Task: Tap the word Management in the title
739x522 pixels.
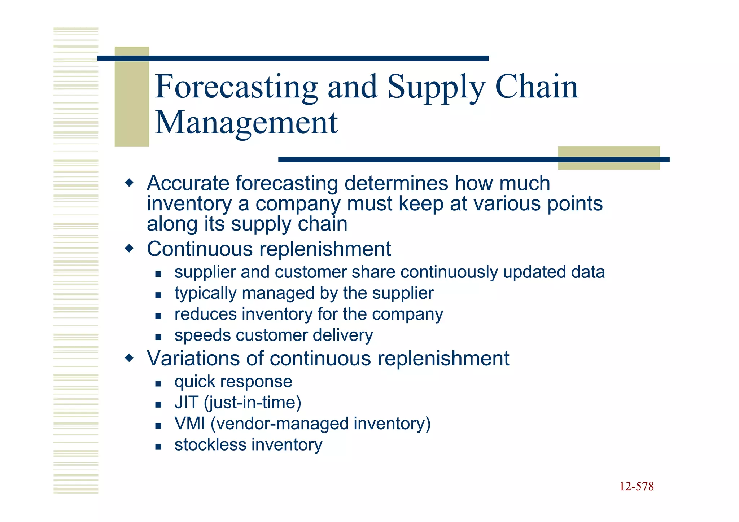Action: [246, 123]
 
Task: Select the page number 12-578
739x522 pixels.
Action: [637, 486]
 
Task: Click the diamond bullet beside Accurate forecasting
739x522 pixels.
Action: [129, 183]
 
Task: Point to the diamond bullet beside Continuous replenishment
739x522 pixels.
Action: [129, 249]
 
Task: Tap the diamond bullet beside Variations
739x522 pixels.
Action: [129, 358]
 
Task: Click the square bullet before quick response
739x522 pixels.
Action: [158, 383]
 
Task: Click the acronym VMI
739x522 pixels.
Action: [190, 424]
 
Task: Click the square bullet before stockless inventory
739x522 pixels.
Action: [158, 447]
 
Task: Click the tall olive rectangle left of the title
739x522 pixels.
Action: [132, 96]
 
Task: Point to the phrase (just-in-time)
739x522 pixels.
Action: [253, 403]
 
